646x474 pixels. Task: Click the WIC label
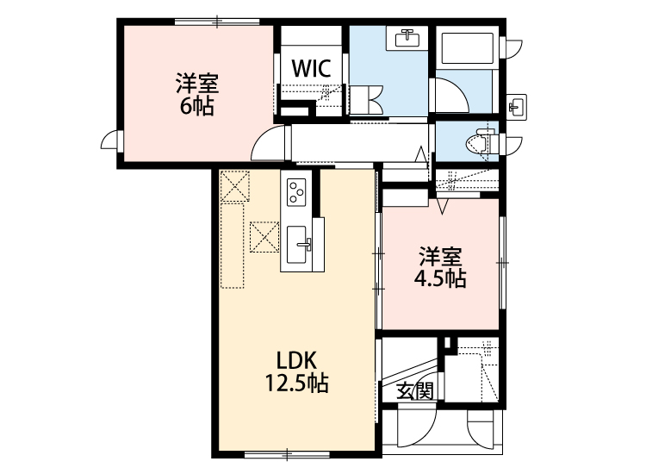point(312,68)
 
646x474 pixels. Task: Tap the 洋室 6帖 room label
point(197,95)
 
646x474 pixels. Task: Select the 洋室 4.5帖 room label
point(440,267)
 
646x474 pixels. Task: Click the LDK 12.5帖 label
point(296,371)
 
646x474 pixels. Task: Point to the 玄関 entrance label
point(415,391)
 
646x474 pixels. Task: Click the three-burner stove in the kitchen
point(296,191)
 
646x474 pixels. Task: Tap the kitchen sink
point(297,245)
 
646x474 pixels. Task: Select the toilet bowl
point(481,142)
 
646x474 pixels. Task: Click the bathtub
point(467,48)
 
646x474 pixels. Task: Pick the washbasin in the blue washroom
point(407,39)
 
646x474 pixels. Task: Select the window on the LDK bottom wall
point(287,454)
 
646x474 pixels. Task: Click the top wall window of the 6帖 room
point(217,22)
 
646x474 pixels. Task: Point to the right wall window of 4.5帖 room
point(502,263)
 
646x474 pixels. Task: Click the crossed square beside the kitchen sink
point(264,237)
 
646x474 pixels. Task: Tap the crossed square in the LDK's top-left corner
point(235,186)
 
